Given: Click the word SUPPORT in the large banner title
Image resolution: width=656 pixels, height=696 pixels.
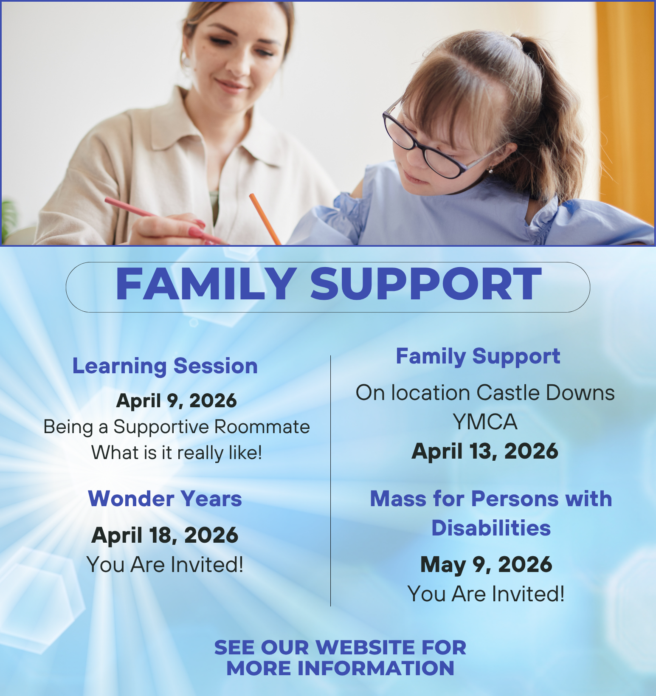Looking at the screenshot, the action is [x=426, y=285].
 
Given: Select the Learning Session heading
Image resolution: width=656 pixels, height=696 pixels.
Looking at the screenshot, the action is [x=165, y=366].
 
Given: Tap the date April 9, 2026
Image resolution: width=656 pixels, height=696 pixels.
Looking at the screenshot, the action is [x=176, y=400].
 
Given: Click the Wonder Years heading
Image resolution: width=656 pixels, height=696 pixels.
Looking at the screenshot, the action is [x=165, y=499].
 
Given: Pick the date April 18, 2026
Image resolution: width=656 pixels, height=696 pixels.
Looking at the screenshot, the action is [x=165, y=535].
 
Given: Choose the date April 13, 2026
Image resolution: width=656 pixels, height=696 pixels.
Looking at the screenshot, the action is [x=485, y=451].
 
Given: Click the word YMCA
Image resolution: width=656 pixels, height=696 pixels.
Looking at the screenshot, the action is [x=485, y=422].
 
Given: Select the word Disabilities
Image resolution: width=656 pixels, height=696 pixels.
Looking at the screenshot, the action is [x=491, y=528].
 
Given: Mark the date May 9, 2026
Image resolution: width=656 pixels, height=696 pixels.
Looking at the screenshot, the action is [x=486, y=565].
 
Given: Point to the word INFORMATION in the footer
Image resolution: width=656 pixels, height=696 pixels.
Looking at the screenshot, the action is [x=375, y=668].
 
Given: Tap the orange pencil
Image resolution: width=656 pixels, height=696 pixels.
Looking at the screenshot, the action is [x=265, y=219].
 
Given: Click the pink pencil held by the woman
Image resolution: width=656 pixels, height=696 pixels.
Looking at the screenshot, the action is [x=166, y=221].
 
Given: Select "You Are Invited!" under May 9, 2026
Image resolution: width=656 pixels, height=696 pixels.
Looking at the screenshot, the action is [x=486, y=594].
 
